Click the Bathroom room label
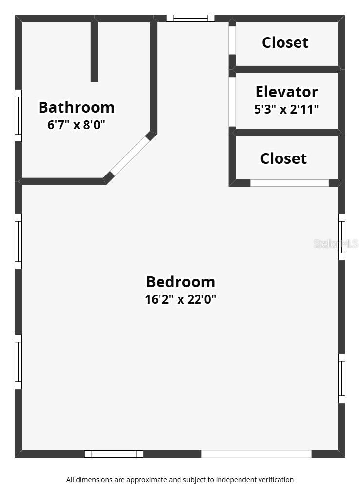pos(77,107)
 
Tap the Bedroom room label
pos(180,282)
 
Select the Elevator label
pos(286,92)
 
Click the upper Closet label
pos(285,42)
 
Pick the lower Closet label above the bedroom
pos(283,158)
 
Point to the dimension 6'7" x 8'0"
pos(77,125)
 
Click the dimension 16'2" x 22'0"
pos(180,299)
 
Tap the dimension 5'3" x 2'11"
pos(286,109)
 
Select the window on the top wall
pos(190,19)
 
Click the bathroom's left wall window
pos(18,116)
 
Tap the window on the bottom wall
pos(114,454)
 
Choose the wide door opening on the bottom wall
pos(257,454)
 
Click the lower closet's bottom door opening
pos(290,183)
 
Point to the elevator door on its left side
pos(232,101)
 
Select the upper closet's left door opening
pos(232,40)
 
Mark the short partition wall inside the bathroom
pos(94,51)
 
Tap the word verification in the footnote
pos(273,480)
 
